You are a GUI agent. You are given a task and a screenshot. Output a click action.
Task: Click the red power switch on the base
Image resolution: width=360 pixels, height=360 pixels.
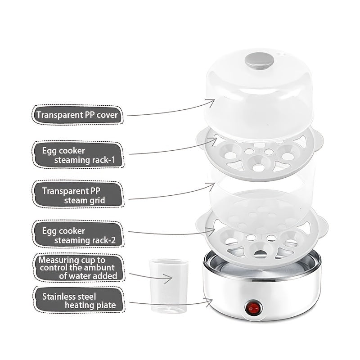[254, 308]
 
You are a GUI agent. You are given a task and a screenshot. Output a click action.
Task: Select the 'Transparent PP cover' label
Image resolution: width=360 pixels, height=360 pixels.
[77, 115]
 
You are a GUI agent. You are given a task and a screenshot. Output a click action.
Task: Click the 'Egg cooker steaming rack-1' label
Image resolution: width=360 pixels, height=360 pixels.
[78, 155]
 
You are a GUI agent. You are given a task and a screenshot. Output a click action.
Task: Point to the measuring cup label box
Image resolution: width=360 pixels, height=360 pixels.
[79, 268]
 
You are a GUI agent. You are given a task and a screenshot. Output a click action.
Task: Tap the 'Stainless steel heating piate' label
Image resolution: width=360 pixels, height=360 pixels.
[79, 300]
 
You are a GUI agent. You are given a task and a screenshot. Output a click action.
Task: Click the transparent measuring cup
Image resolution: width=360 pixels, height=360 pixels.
[169, 286]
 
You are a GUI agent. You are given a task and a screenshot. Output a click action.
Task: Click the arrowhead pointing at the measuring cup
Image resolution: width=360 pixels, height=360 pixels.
[168, 278]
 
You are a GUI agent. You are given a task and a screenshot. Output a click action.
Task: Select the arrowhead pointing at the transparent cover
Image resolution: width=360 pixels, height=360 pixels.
[211, 103]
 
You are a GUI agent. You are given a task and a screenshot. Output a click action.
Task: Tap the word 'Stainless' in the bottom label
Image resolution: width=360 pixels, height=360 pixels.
[58, 297]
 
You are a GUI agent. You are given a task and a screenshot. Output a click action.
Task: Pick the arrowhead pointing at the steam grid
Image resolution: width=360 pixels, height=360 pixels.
[211, 186]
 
